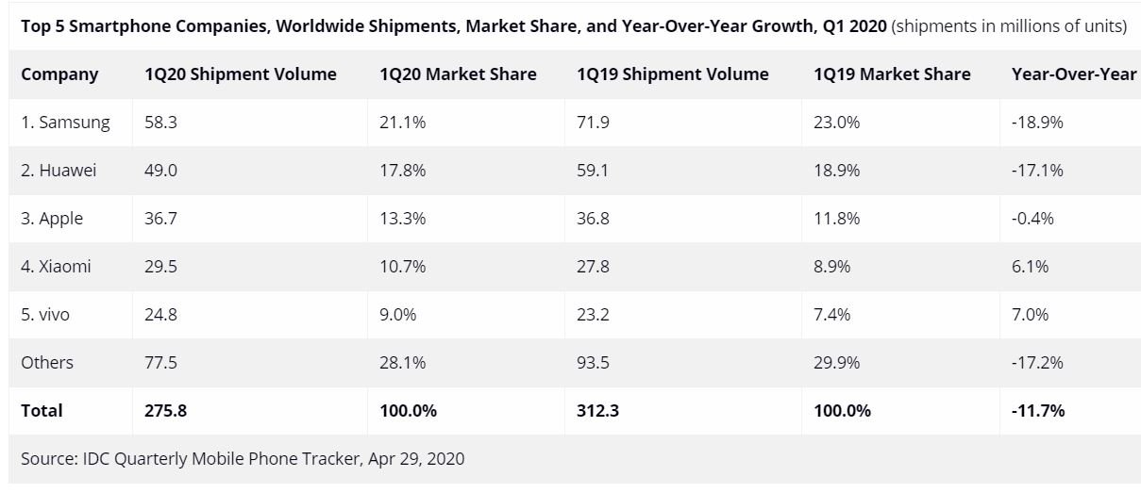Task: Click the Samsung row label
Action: pyautogui.click(x=65, y=123)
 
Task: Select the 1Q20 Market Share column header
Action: pyautogui.click(x=458, y=74)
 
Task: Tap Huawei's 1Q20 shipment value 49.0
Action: pyautogui.click(x=161, y=171)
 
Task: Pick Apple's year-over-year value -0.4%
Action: pyautogui.click(x=1032, y=219)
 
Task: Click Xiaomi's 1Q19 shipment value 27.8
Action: pyautogui.click(x=593, y=267)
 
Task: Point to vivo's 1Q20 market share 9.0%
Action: pyautogui.click(x=398, y=315)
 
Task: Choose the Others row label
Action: pyautogui.click(x=47, y=363)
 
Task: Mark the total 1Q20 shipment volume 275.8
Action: pyautogui.click(x=166, y=411)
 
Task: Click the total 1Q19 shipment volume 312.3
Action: pyautogui.click(x=598, y=411)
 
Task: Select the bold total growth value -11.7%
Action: pyautogui.click(x=1038, y=411)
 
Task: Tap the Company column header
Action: pyautogui.click(x=59, y=74)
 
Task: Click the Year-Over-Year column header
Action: pyautogui.click(x=1073, y=74)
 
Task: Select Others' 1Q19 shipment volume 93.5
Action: pyautogui.click(x=593, y=363)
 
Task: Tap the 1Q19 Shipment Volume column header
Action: pyautogui.click(x=672, y=74)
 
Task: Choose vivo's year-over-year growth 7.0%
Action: pyautogui.click(x=1030, y=315)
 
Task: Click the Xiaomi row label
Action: pyautogui.click(x=57, y=267)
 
